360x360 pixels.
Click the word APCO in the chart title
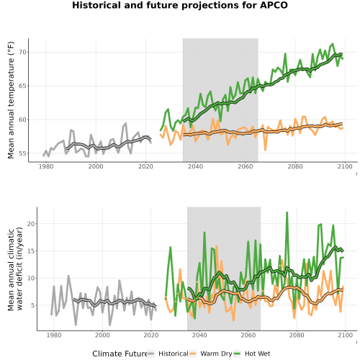pyautogui.click(x=274, y=5)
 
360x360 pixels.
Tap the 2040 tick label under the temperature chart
pyautogui.click(x=195, y=166)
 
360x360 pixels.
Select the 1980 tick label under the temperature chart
pyautogui.click(x=46, y=166)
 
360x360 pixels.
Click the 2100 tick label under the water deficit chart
pyautogui.click(x=345, y=335)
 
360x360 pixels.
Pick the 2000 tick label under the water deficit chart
pyautogui.click(x=102, y=335)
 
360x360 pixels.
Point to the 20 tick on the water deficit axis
pyautogui.click(x=31, y=224)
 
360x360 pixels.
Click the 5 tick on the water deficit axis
pyautogui.click(x=32, y=305)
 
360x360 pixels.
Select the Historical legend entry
pyautogui.click(x=168, y=354)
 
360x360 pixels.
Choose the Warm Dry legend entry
pyautogui.click(x=210, y=354)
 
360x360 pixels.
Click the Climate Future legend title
pyautogui.click(x=120, y=354)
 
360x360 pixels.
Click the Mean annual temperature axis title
pyautogui.click(x=11, y=100)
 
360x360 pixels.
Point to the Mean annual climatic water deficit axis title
pyautogui.click(x=15, y=269)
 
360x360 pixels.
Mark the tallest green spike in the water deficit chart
pyautogui.click(x=287, y=212)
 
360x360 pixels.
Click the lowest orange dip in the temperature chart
pyautogui.click(x=265, y=150)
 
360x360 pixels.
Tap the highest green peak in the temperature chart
pyautogui.click(x=333, y=44)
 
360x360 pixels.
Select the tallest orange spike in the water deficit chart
pyautogui.click(x=217, y=246)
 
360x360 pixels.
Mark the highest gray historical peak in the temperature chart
pyautogui.click(x=126, y=123)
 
